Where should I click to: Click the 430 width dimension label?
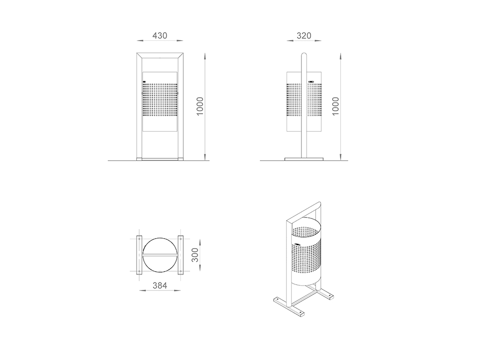click(160, 36)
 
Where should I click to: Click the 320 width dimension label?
click(304, 36)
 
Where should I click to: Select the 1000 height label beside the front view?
click(200, 106)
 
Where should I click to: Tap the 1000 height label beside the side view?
click(336, 106)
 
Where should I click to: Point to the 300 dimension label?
click(195, 255)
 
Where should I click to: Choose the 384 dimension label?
click(160, 286)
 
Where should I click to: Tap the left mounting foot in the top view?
click(139, 255)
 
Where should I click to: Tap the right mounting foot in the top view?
click(180, 255)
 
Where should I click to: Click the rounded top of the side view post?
click(304, 55)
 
